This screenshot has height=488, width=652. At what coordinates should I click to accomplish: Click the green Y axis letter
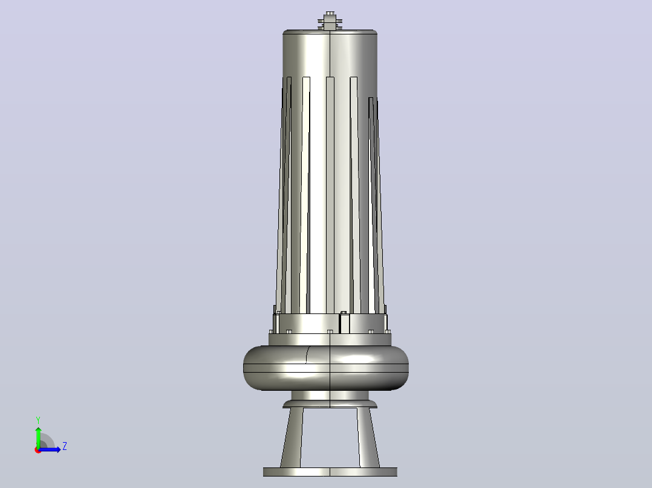[x=38, y=420]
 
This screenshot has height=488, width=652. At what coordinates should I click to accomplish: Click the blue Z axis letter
[x=65, y=446]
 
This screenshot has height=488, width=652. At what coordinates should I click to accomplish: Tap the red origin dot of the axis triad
[x=38, y=450]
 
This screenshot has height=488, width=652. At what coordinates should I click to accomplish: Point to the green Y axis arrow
[x=38, y=438]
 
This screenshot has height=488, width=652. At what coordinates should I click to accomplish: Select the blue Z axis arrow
[x=50, y=449]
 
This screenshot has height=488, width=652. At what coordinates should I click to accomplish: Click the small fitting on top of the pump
[x=330, y=21]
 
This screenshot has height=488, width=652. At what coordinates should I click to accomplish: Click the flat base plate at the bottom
[x=330, y=472]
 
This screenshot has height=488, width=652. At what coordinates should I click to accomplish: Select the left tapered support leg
[x=292, y=438]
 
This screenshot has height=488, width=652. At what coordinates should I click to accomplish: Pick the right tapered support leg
[x=368, y=438]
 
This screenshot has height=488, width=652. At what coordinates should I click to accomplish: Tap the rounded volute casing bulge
[x=326, y=368]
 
